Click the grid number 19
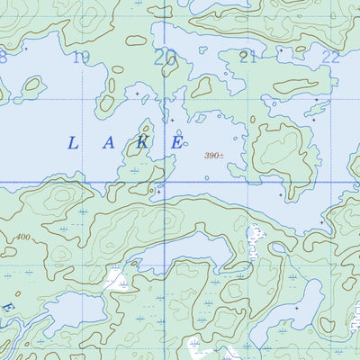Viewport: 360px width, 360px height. coord(82,58)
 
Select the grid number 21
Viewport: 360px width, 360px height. coord(248,58)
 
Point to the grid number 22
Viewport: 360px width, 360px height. coord(331,57)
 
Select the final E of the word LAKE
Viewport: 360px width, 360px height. coord(178,142)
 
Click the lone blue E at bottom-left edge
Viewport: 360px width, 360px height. coord(7,308)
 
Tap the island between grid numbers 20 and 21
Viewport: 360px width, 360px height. coord(202,86)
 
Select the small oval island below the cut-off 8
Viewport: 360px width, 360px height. coord(32,87)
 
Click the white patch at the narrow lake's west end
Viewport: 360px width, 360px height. coord(115,279)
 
